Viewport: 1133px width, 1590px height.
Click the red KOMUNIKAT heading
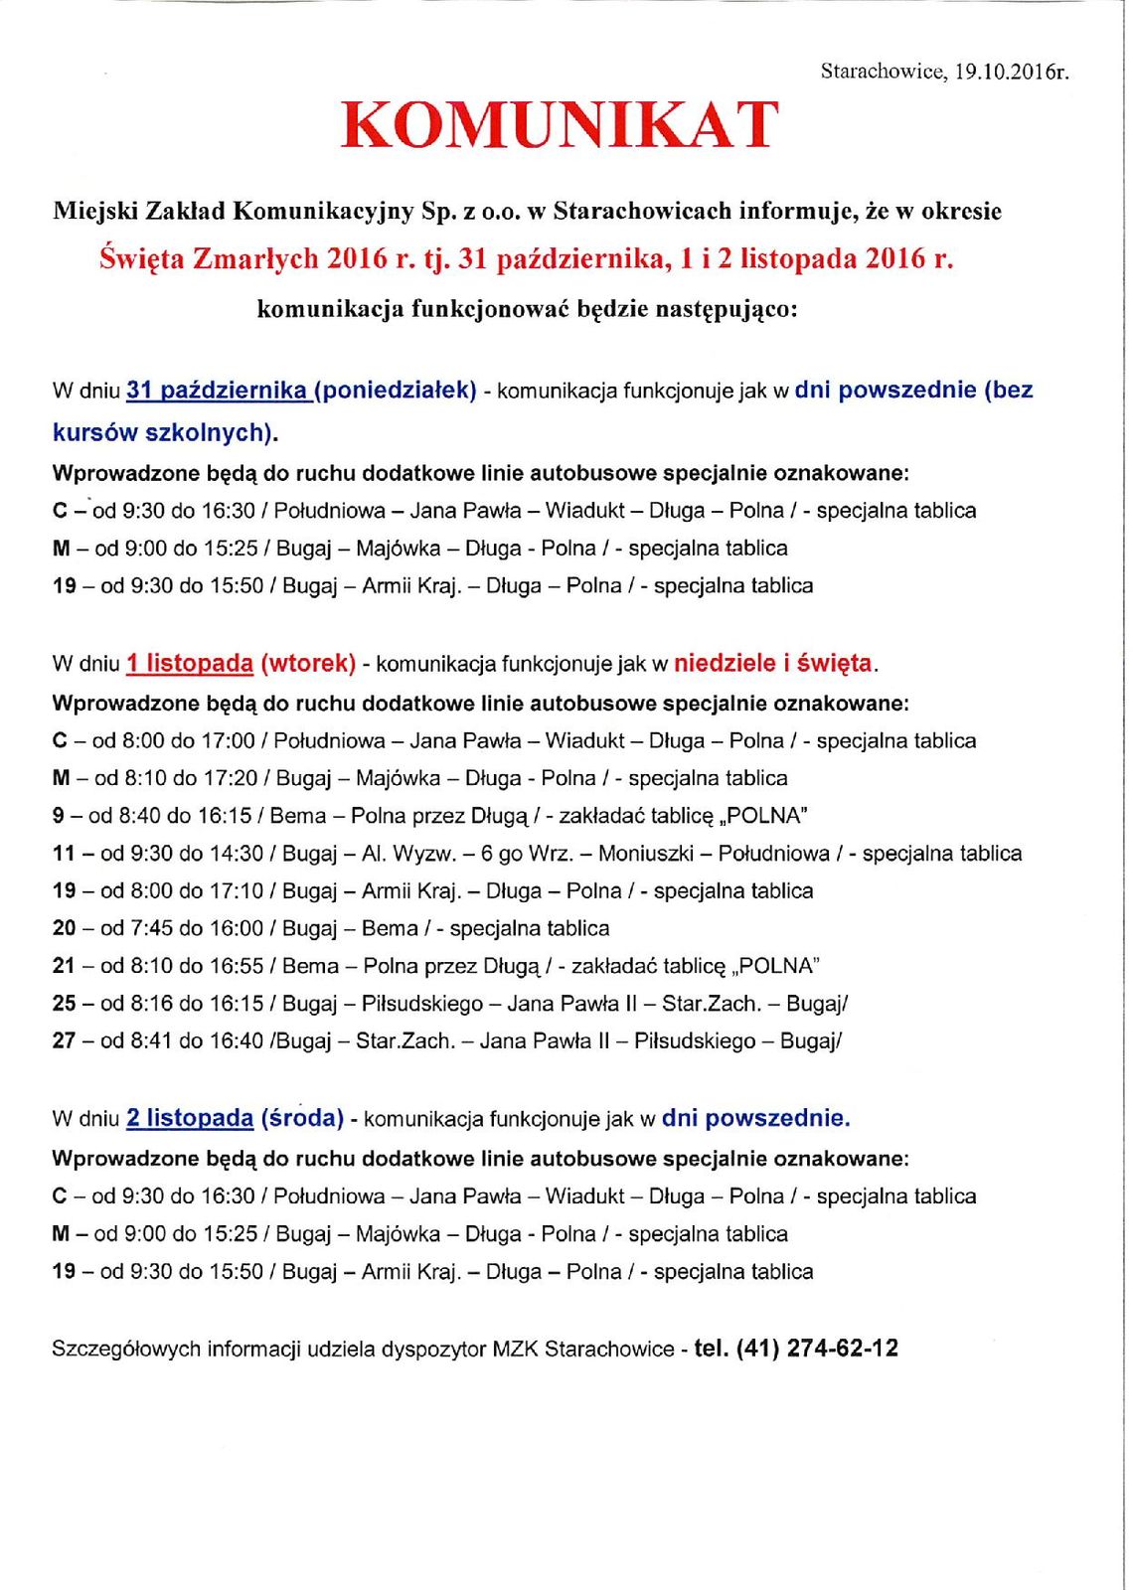pyautogui.click(x=560, y=125)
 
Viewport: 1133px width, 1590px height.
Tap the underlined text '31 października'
pyautogui.click(x=217, y=391)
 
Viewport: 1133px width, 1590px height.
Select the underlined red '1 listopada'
pyautogui.click(x=190, y=663)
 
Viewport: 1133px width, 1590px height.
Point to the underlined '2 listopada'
pyautogui.click(x=190, y=1118)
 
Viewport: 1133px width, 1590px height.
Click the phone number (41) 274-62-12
pyautogui.click(x=817, y=1349)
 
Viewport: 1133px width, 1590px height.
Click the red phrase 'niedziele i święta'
pyautogui.click(x=773, y=663)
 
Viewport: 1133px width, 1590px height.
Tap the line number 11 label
pyautogui.click(x=64, y=854)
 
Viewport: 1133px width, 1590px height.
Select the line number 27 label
pyautogui.click(x=64, y=1041)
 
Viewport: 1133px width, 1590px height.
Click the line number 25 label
pyautogui.click(x=64, y=1004)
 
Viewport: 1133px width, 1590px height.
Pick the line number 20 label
pyautogui.click(x=64, y=928)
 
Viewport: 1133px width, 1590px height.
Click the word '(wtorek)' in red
pyautogui.click(x=308, y=663)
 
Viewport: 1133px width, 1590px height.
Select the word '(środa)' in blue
pyautogui.click(x=302, y=1118)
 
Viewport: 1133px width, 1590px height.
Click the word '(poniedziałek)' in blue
pyautogui.click(x=396, y=391)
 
